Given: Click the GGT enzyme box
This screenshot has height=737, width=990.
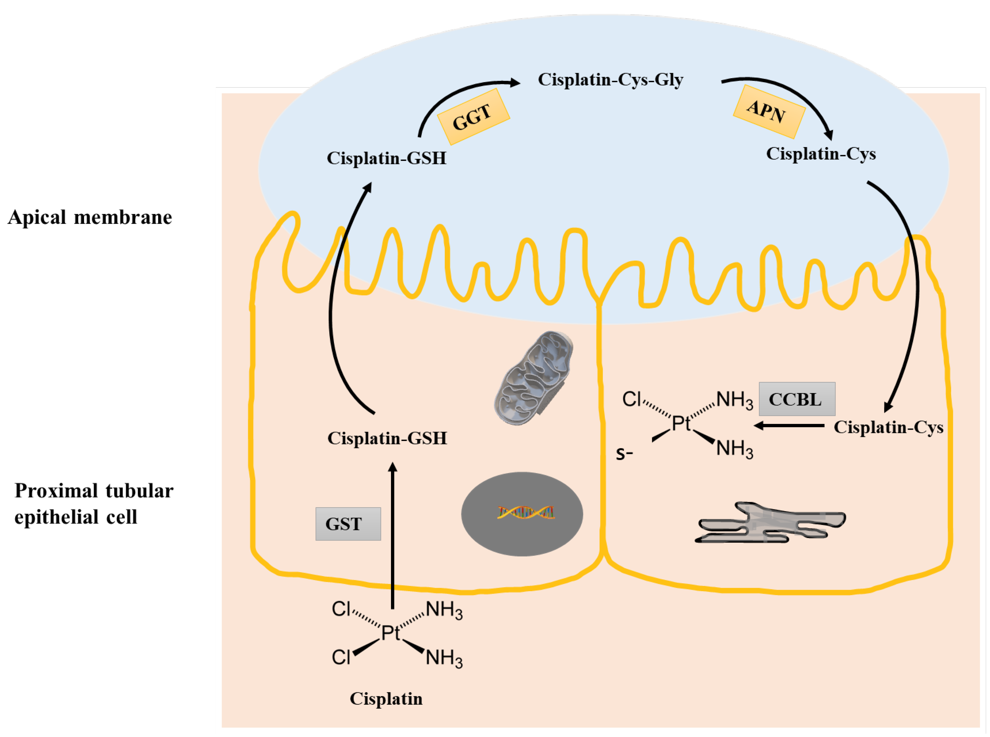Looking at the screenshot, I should coord(473,117).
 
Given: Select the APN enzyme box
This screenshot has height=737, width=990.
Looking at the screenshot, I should coord(768,111).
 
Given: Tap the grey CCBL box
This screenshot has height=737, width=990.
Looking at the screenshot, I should coord(796,399).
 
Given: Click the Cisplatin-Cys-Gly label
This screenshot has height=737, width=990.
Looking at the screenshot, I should coord(610,80).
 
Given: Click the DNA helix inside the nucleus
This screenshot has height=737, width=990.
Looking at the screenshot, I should coord(526,513).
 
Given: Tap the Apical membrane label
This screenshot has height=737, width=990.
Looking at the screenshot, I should coord(90,218).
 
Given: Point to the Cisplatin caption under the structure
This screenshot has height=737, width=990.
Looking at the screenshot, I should coord(386,699).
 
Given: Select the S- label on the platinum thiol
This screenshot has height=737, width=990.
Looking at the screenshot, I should coord(624,454).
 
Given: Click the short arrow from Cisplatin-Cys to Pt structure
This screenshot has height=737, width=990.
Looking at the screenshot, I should coord(789,426).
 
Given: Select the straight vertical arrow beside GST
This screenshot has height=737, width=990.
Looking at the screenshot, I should coord(392,535).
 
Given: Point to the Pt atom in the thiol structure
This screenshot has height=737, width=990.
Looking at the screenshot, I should coord(680,423).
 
